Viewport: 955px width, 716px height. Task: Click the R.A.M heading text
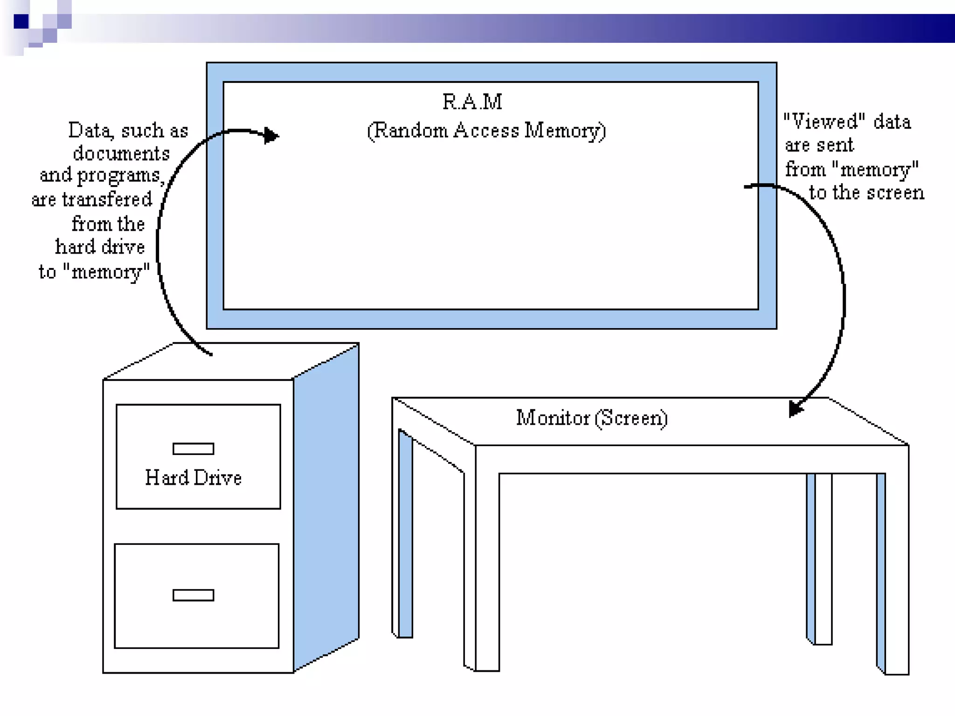click(x=472, y=102)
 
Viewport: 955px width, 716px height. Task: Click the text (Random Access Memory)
click(x=486, y=131)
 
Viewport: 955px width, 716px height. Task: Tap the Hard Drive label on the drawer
click(x=193, y=478)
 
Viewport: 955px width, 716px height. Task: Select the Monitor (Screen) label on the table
click(x=591, y=418)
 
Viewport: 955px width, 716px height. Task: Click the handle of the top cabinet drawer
click(x=193, y=448)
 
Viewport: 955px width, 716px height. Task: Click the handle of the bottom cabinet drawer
click(x=193, y=595)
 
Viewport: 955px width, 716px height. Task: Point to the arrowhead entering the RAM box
click(x=271, y=136)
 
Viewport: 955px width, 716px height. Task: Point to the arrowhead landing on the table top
click(x=795, y=409)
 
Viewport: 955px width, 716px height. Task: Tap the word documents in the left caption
click(x=121, y=153)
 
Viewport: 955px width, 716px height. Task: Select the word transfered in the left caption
click(x=107, y=200)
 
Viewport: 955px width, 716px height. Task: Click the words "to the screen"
click(x=866, y=193)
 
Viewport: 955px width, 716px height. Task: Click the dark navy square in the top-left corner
click(x=21, y=21)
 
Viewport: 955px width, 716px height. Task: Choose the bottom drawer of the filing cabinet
click(x=196, y=596)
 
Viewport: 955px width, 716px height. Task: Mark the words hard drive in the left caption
click(x=100, y=247)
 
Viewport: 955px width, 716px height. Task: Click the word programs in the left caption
click(x=118, y=176)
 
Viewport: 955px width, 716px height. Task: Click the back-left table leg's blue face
click(x=406, y=536)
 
